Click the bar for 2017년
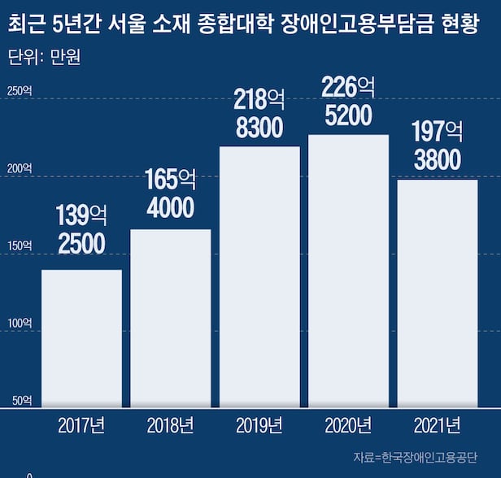(81, 337)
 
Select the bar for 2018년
(171, 317)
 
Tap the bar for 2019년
(259, 276)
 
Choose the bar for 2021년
(437, 293)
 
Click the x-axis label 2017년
(81, 425)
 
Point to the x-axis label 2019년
(259, 425)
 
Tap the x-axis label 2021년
(437, 425)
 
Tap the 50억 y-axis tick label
(21, 401)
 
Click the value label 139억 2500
(81, 229)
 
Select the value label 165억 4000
(171, 193)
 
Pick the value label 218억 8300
(259, 114)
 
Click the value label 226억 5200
(348, 101)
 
